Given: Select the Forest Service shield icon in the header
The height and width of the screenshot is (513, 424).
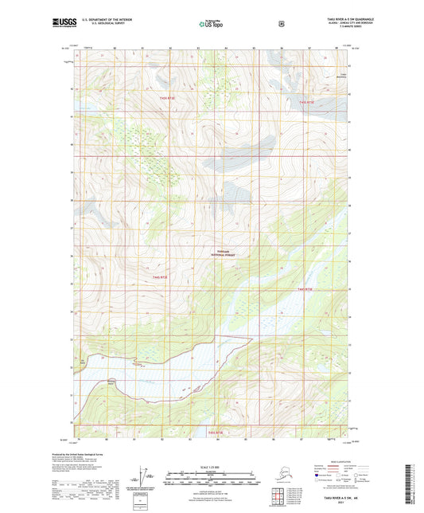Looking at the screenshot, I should (281, 24).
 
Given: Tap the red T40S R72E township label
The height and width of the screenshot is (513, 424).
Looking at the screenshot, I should (309, 103).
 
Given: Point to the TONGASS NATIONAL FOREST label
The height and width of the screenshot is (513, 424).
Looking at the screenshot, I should (228, 252).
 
